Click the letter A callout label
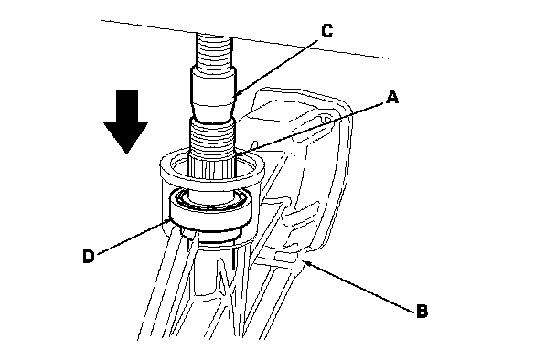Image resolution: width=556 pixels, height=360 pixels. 391,97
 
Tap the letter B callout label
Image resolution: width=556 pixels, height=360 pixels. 422,311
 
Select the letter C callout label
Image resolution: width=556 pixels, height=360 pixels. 327,30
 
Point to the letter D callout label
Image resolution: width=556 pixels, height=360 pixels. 89,256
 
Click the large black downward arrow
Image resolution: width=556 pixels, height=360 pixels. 126,122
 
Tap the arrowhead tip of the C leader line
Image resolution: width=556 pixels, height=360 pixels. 234,96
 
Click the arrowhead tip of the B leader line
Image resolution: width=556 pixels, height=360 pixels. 305,261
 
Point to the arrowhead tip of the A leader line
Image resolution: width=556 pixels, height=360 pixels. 236,154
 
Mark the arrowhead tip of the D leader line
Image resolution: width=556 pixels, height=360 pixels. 170,221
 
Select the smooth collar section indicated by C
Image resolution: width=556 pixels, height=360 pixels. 213,93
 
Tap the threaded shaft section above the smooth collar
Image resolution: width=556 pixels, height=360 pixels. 214,49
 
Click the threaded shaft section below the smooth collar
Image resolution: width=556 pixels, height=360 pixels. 212,137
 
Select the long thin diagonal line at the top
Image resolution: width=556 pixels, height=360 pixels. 245,39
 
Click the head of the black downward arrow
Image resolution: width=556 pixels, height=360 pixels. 126,136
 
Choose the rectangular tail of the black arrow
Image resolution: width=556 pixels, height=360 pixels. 126,106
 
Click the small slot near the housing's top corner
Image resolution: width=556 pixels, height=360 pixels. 326,119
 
